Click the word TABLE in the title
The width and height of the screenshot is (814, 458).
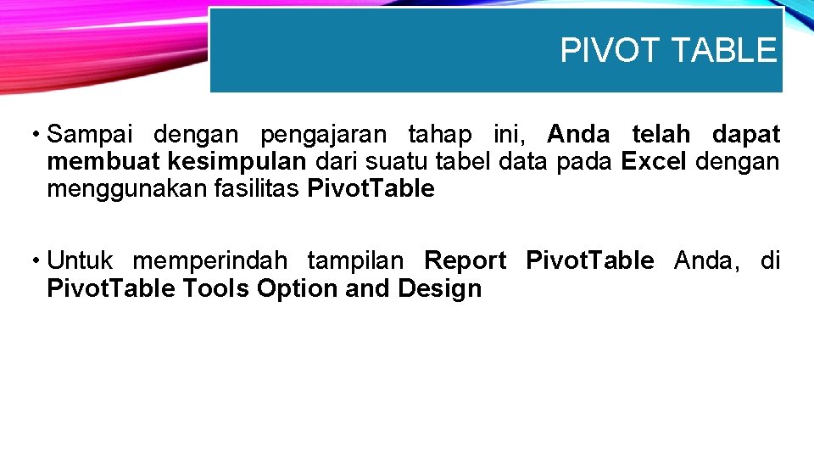pos(722,51)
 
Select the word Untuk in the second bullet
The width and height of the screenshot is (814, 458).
pos(81,260)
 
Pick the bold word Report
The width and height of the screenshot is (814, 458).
pos(465,260)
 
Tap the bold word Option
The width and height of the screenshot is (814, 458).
pos(298,288)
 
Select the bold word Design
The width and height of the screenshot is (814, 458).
pos(439,288)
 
